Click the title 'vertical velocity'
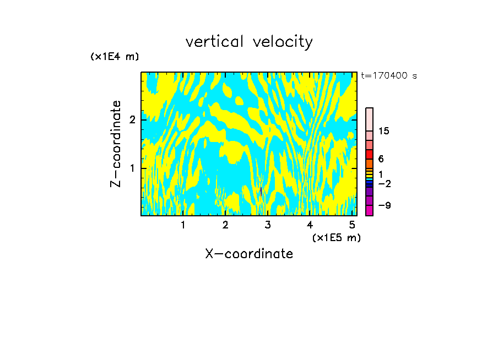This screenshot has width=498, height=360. click(249, 42)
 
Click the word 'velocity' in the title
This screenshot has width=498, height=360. click(281, 42)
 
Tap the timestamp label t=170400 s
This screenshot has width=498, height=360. click(388, 76)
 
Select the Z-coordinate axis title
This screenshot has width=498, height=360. click(116, 144)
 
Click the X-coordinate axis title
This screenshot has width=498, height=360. click(249, 254)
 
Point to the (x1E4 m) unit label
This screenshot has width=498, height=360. click(115, 57)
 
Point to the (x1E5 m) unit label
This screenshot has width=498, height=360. click(336, 237)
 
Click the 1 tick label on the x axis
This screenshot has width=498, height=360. click(183, 225)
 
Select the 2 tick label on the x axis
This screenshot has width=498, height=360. click(225, 225)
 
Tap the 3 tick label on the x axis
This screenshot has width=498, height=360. click(268, 225)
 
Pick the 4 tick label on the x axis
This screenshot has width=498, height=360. click(310, 225)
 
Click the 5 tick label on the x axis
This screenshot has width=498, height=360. click(352, 225)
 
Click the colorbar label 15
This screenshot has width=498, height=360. click(384, 131)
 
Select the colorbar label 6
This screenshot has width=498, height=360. click(381, 159)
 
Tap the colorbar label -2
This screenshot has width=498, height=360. click(384, 183)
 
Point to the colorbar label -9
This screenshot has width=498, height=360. click(384, 205)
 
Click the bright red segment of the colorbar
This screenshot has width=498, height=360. click(370, 154)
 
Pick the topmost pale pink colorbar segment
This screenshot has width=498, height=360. click(370, 119)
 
